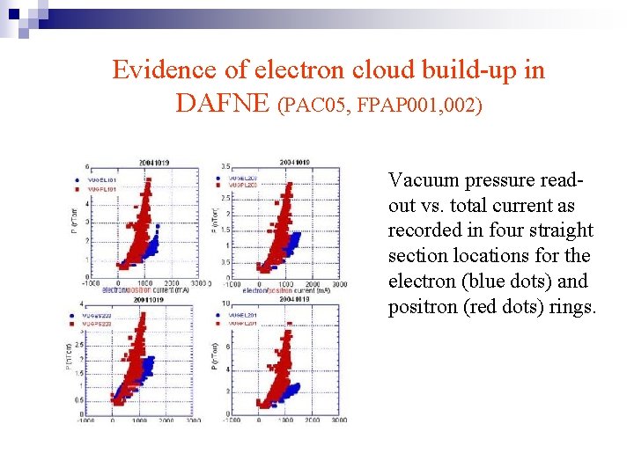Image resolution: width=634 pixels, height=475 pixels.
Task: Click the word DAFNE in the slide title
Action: [225, 103]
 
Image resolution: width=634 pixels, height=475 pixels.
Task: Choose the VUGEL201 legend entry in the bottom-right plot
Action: [242, 314]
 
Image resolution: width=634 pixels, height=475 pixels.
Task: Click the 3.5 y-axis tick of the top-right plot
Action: [225, 166]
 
